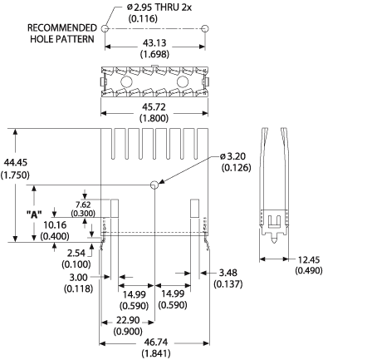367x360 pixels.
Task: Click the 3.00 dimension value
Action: (x=79, y=277)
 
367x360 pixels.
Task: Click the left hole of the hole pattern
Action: (x=105, y=28)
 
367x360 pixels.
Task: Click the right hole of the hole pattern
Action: (x=205, y=28)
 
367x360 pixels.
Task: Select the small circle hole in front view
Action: (x=154, y=185)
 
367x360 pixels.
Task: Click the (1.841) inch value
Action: (x=154, y=353)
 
